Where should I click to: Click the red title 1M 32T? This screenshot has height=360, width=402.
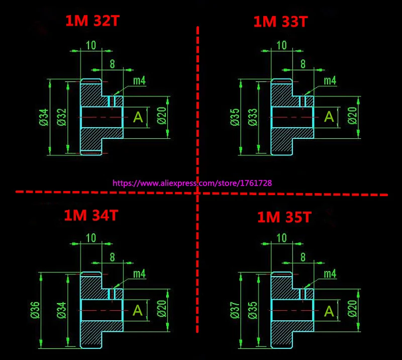(92, 21)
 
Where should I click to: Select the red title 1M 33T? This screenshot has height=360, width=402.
(280, 22)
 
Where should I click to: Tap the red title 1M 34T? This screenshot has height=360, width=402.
(91, 215)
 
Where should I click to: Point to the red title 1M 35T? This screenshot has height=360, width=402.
(284, 217)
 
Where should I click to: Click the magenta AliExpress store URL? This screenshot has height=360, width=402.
(192, 183)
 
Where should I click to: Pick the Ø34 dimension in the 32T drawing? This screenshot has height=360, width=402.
(44, 117)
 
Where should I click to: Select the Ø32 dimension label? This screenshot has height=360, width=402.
(62, 117)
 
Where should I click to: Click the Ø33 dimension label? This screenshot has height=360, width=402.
(253, 117)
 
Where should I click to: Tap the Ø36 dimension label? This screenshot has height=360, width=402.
(35, 310)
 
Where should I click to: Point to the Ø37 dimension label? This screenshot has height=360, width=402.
(235, 310)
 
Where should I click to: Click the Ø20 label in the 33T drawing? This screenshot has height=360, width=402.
(353, 116)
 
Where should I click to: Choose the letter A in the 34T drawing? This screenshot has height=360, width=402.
(138, 310)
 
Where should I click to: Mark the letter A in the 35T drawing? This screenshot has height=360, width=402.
(329, 312)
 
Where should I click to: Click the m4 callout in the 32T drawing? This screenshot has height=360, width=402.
(140, 81)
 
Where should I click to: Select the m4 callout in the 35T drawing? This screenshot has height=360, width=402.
(330, 274)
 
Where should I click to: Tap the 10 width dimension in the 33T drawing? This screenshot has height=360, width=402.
(282, 45)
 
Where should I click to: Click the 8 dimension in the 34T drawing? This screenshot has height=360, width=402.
(112, 257)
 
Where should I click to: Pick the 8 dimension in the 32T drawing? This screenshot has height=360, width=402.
(112, 64)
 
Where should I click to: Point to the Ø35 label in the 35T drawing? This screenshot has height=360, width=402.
(253, 310)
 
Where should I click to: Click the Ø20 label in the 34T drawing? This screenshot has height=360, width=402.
(162, 309)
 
